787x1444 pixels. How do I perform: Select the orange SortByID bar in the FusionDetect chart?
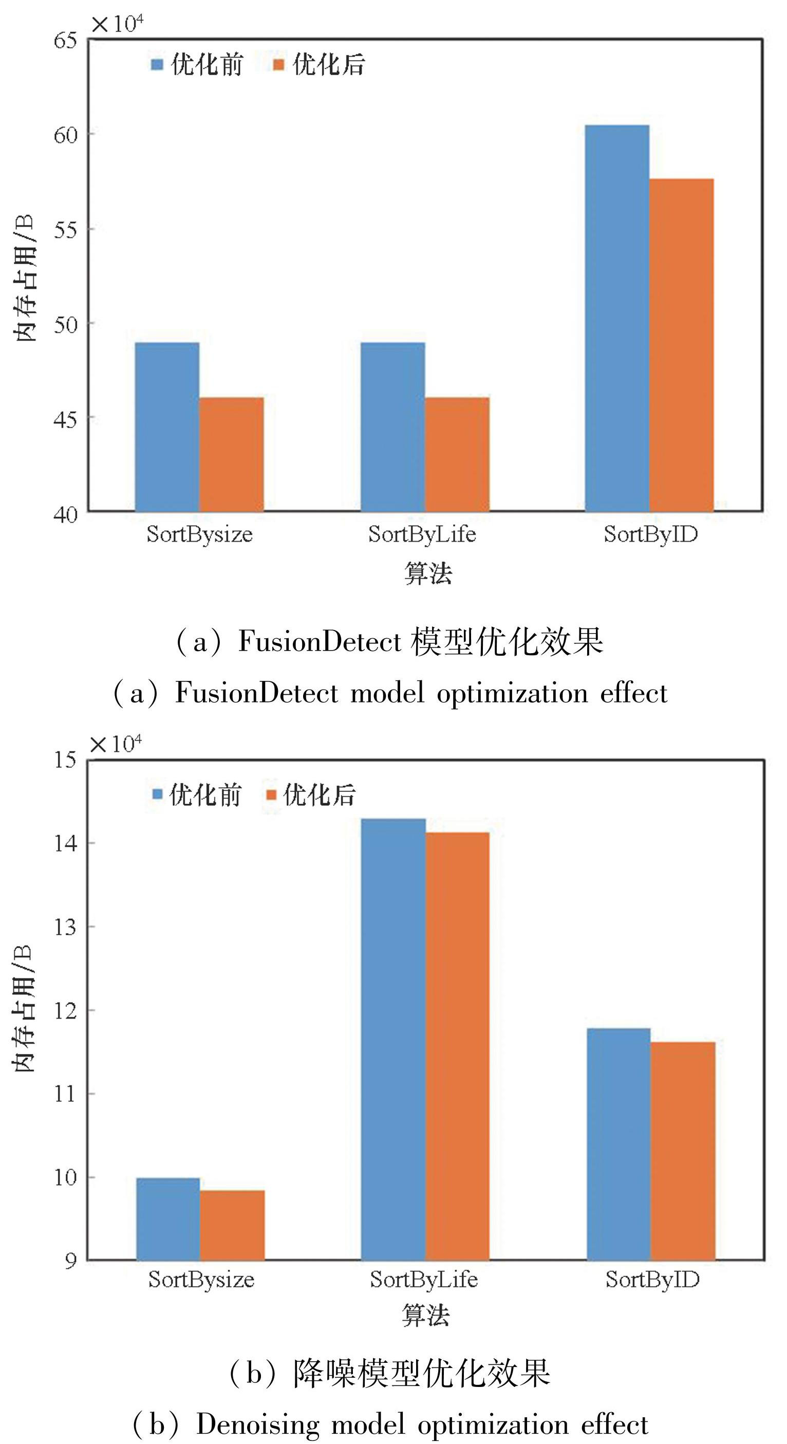point(682,345)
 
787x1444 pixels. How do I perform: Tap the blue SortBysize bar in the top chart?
point(167,427)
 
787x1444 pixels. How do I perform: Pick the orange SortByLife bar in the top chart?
point(457,454)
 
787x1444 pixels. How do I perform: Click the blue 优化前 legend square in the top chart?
point(157,64)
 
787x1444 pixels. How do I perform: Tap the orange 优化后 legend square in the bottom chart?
point(271,795)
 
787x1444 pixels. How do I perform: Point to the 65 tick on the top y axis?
point(65,41)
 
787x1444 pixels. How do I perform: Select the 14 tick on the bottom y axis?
point(65,843)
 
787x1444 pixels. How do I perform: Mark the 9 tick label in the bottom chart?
point(70,1261)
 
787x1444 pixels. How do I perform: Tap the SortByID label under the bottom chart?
point(652,1280)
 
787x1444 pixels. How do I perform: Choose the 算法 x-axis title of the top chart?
point(428,573)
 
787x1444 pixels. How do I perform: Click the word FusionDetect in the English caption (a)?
point(257,693)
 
